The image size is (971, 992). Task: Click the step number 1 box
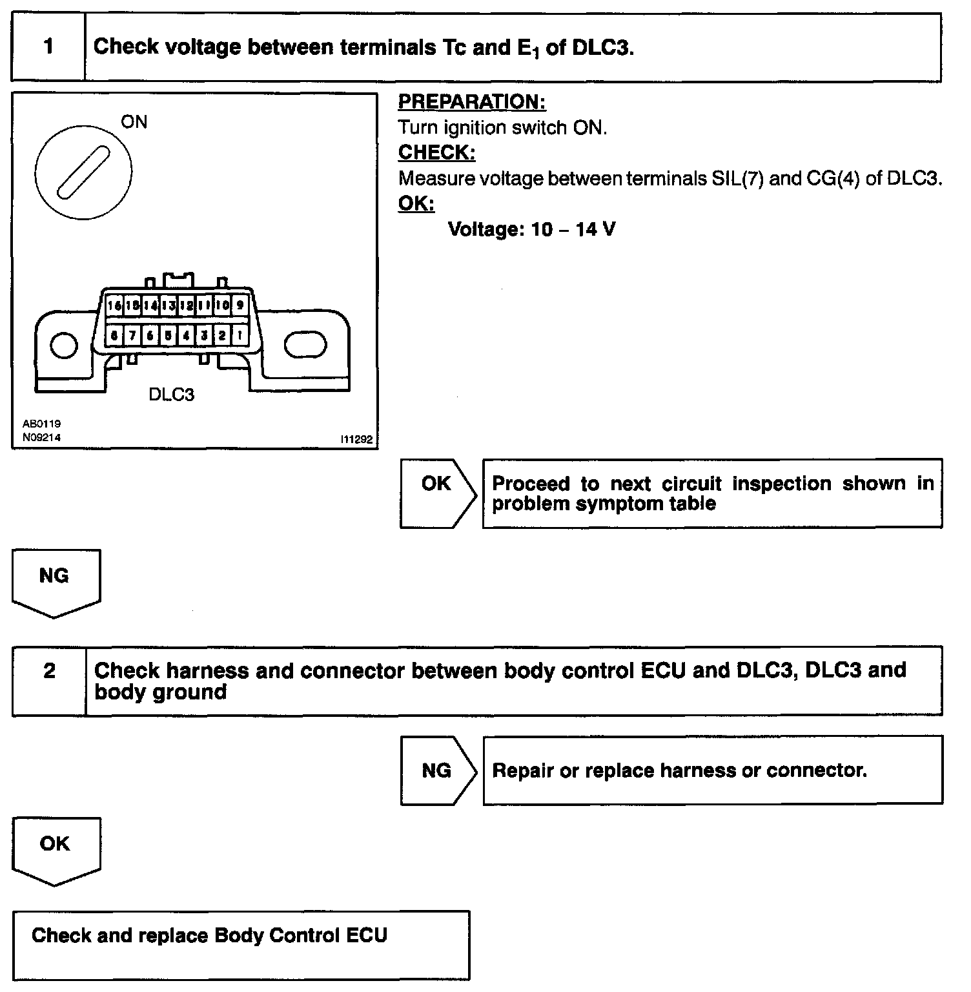click(x=48, y=47)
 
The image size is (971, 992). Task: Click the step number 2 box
click(x=49, y=680)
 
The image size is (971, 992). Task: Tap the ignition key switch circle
click(x=83, y=172)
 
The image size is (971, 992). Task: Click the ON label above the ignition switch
click(x=134, y=122)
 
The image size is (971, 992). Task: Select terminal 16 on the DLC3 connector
click(x=115, y=305)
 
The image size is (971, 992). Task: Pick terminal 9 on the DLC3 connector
click(x=240, y=305)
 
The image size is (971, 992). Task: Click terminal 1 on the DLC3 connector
click(x=240, y=335)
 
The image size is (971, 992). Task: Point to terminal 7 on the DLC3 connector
click(x=132, y=335)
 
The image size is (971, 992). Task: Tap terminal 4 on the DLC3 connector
click(x=186, y=335)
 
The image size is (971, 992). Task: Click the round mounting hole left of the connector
click(x=63, y=346)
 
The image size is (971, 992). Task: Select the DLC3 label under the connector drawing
click(x=171, y=395)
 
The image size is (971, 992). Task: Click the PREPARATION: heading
click(x=471, y=102)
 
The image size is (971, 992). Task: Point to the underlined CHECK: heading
click(x=436, y=152)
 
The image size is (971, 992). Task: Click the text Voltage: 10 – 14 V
click(x=531, y=229)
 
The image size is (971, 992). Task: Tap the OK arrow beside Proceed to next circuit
click(x=437, y=493)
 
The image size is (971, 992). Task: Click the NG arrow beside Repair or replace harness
click(x=437, y=770)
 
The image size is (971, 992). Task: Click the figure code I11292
click(x=356, y=439)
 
